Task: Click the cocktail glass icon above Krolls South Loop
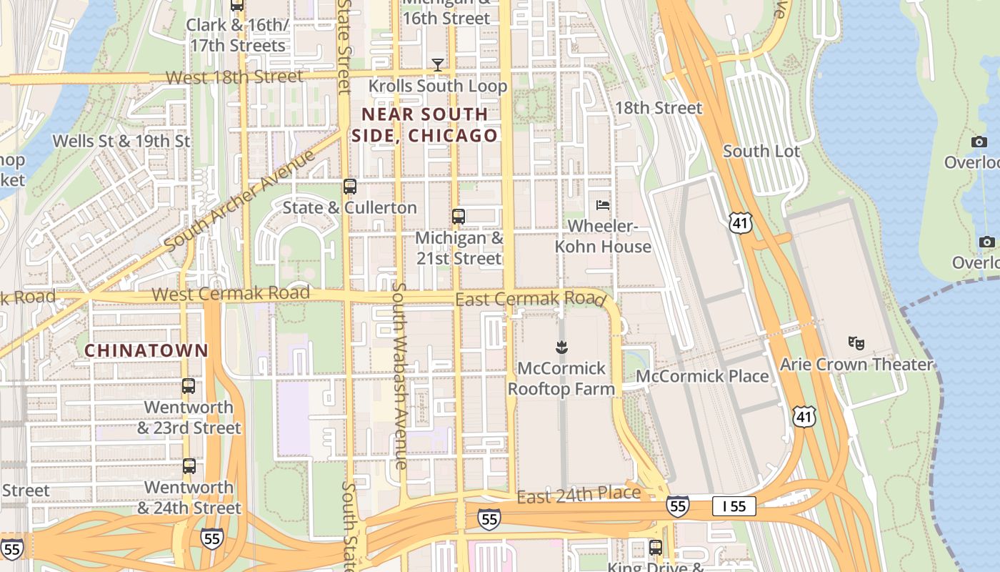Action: (437, 65)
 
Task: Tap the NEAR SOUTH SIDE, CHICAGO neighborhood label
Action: (424, 124)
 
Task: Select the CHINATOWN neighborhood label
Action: (146, 350)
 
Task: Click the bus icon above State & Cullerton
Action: (349, 187)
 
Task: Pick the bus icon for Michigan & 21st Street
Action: (459, 216)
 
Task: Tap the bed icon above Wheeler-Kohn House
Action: (603, 205)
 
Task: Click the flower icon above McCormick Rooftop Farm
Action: (561, 347)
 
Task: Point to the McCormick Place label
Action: (702, 376)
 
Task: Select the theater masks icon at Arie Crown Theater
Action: (856, 343)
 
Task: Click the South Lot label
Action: (761, 151)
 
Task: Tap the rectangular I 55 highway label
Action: (734, 507)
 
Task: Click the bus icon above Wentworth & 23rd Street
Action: (189, 386)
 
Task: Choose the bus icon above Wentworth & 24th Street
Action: (189, 466)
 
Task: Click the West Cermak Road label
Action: (231, 293)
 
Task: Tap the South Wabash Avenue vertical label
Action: (399, 375)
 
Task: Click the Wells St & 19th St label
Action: (121, 141)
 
